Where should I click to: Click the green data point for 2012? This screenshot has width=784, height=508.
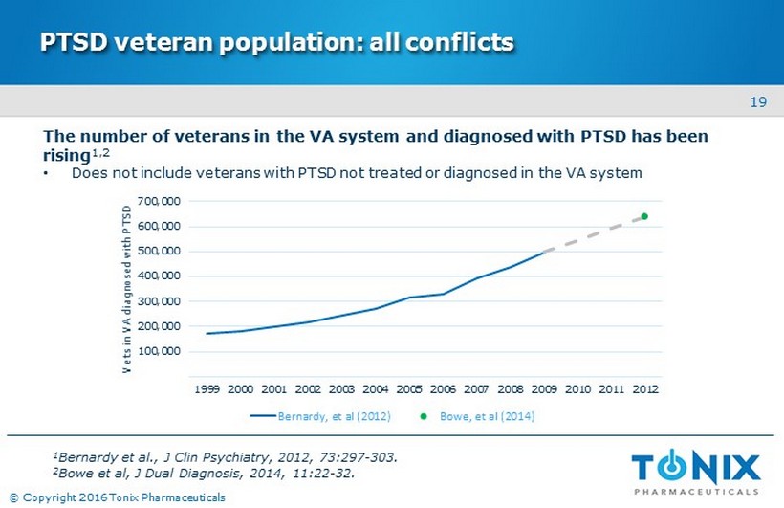click(644, 216)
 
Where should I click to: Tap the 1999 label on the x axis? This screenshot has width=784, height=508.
click(207, 390)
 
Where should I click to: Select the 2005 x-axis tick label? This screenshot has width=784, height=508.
click(408, 390)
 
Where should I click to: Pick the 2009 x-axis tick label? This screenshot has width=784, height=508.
click(543, 390)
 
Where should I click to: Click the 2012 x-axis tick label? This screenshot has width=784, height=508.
click(644, 390)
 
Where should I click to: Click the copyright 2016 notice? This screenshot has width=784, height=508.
click(117, 497)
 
